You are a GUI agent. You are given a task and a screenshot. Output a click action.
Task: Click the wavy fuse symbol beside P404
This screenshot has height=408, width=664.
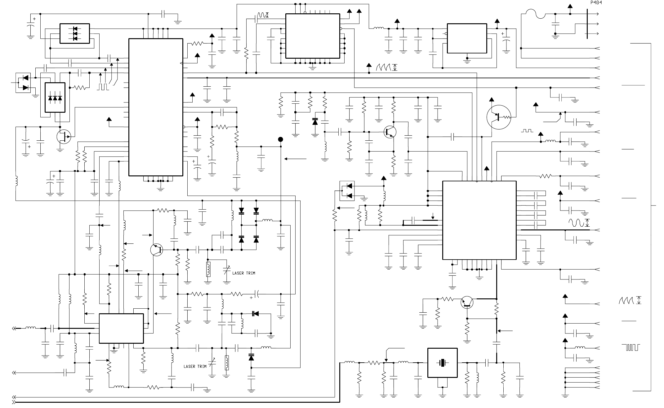click(x=535, y=14)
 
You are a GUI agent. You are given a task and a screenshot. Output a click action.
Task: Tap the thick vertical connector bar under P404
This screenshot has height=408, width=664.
click(x=587, y=24)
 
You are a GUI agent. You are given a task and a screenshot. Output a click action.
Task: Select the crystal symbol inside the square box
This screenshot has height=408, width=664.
click(x=442, y=363)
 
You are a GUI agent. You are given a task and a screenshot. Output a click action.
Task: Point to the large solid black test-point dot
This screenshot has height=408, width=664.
click(x=281, y=139)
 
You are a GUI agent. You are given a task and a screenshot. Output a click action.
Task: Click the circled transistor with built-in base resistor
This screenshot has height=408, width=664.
click(x=498, y=117)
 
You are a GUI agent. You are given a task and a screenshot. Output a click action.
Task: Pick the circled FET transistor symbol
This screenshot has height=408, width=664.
click(x=64, y=137)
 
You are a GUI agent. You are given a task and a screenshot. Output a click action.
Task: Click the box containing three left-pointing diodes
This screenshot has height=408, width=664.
click(x=74, y=34)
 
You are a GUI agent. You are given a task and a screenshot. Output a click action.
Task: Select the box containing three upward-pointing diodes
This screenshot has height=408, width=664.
click(x=55, y=97)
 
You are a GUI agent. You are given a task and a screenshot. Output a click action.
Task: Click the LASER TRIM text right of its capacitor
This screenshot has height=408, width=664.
click(x=243, y=273)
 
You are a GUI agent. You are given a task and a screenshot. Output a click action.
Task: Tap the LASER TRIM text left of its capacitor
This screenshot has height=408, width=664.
click(x=195, y=366)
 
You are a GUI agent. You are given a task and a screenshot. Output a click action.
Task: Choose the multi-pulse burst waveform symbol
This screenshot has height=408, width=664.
click(x=630, y=347)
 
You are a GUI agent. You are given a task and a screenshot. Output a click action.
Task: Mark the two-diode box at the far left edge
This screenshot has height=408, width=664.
click(x=23, y=83)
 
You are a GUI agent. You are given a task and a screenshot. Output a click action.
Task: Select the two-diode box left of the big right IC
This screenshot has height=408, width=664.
click(x=347, y=191)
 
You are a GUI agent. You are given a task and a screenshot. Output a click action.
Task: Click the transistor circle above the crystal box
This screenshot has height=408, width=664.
click(x=467, y=302)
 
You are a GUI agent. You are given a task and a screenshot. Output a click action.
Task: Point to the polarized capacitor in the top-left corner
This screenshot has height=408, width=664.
click(x=30, y=26)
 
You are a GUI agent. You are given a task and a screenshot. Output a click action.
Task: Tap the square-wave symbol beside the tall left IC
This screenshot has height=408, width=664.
click(x=103, y=87)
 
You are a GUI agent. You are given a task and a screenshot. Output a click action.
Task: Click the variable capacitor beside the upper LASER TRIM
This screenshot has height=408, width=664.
click(x=227, y=271)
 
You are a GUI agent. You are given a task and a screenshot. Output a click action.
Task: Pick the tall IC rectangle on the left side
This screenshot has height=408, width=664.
click(x=156, y=107)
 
